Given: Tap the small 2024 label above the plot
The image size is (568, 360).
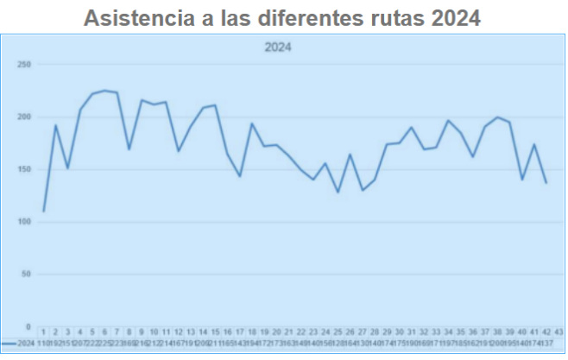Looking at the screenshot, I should click(278, 48).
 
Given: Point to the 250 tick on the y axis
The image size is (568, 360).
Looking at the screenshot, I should click(24, 65).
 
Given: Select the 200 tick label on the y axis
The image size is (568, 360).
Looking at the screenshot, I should click(24, 117).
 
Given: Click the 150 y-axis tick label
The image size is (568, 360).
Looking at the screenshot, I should click(24, 169).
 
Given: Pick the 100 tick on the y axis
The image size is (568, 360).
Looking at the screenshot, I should click(24, 222).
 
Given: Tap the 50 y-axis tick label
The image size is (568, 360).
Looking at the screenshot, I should click(26, 275).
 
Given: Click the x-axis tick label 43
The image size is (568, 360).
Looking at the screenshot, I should click(559, 332).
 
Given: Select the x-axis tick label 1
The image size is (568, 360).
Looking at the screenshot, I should click(43, 332).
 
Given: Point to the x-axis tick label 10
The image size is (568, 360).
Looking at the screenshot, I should click(154, 332).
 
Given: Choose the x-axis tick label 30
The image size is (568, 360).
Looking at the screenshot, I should click(399, 332).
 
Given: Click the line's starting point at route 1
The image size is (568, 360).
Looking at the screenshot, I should click(43, 211).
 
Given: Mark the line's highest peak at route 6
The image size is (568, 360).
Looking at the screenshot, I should click(104, 91).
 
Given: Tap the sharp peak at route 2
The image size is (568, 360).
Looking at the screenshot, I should click(55, 125).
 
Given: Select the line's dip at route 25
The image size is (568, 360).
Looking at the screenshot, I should click(338, 192).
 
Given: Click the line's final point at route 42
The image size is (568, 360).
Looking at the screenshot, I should click(546, 183).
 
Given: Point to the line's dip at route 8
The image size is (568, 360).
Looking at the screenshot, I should click(129, 149).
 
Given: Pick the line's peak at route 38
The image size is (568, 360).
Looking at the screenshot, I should click(497, 117).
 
